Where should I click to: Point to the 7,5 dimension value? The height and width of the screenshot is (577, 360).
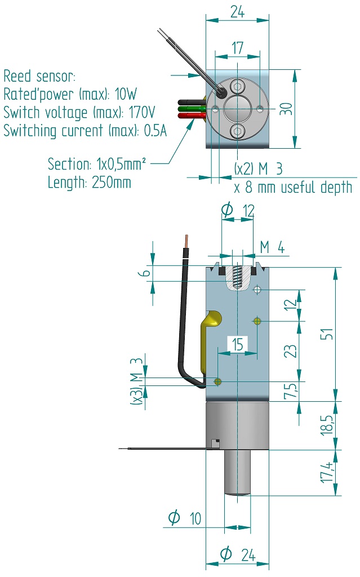point(290,390)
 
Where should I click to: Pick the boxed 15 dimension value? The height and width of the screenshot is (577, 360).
point(237,344)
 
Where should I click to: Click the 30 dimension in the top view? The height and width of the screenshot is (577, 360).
point(287,109)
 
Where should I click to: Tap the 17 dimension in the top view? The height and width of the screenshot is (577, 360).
point(237,48)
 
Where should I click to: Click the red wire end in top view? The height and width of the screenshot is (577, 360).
point(184,116)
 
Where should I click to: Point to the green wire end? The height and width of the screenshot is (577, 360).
point(184,109)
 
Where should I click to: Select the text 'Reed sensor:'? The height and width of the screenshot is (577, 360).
point(39,76)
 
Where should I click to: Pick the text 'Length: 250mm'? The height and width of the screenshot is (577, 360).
point(89,183)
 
